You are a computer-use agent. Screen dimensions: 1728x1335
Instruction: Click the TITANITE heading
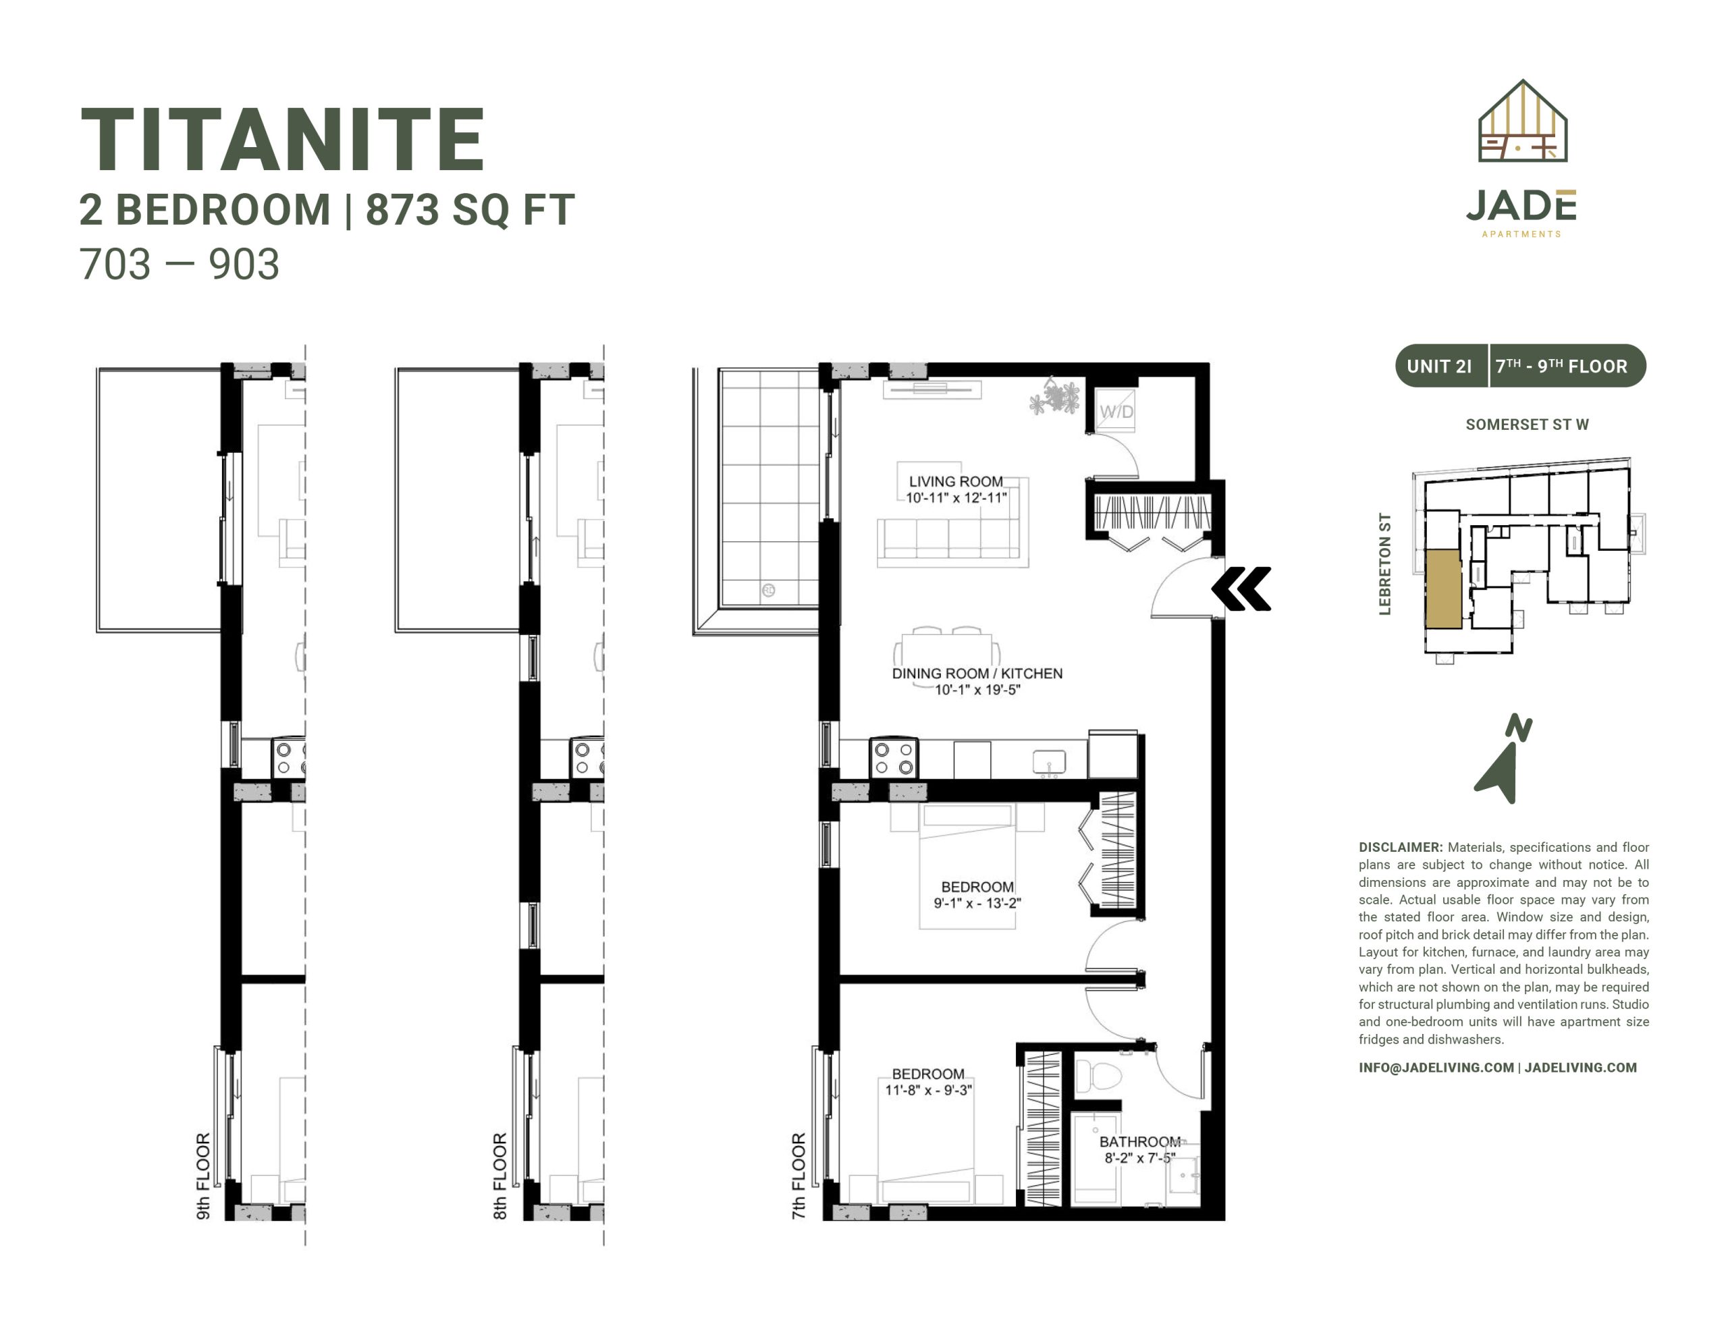(282, 140)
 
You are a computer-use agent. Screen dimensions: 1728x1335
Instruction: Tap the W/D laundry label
(1116, 412)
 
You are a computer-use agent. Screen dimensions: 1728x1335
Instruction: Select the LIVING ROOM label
(956, 481)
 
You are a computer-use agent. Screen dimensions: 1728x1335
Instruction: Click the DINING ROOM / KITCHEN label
(977, 674)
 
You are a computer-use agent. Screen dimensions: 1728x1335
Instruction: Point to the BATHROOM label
(1139, 1141)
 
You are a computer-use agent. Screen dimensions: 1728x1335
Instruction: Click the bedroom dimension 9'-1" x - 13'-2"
(977, 903)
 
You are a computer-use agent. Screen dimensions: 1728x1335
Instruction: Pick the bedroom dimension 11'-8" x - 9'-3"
(928, 1090)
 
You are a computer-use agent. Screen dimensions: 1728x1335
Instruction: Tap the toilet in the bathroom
(1099, 1075)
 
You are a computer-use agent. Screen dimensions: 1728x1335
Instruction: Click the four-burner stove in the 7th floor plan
(894, 758)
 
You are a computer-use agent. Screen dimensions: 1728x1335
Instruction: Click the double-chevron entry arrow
(1241, 589)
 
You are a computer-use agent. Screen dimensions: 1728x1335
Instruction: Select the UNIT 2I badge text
(1439, 366)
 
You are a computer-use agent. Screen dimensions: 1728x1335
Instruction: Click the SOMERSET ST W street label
(1527, 424)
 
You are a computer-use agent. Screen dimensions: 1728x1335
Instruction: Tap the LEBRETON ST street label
(1384, 564)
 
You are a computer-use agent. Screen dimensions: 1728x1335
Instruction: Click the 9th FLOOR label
(203, 1176)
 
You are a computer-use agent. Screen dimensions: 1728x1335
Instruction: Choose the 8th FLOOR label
(500, 1176)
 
